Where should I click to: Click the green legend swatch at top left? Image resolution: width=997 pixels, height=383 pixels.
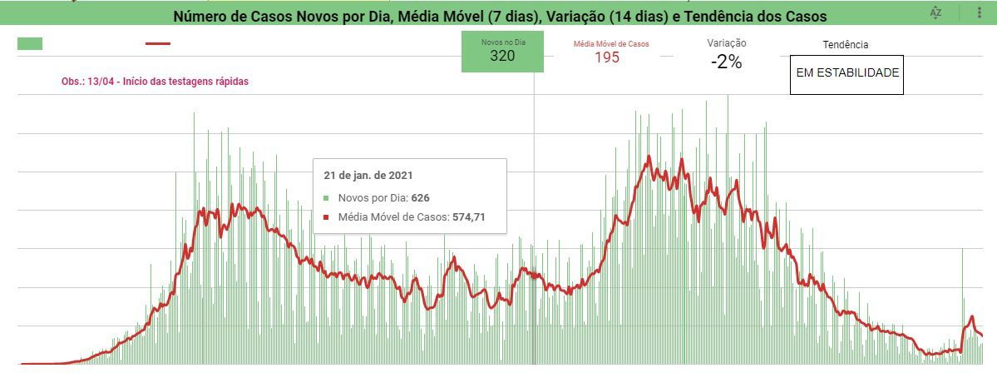(30, 44)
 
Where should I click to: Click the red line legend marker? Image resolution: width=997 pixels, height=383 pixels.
(158, 43)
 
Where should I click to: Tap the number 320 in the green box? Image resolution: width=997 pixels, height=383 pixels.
(502, 57)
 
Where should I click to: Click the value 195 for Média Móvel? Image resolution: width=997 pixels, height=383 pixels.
(607, 57)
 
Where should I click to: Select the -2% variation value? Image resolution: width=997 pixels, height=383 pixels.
(726, 62)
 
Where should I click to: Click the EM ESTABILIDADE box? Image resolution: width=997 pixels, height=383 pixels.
(846, 73)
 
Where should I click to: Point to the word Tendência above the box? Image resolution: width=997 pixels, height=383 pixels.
(845, 45)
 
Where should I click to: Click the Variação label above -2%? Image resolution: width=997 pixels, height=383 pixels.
(726, 43)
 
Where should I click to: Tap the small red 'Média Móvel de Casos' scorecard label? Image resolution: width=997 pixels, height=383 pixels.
(610, 44)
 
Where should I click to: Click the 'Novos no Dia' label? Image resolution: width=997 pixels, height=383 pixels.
(502, 42)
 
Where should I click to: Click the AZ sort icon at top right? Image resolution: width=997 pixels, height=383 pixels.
(936, 12)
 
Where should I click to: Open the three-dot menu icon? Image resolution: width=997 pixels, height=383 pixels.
(980, 12)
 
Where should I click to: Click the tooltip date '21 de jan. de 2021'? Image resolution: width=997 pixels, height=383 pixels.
(368, 176)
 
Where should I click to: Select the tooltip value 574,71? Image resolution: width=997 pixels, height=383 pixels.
(468, 217)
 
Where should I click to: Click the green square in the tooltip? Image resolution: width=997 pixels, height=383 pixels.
(327, 198)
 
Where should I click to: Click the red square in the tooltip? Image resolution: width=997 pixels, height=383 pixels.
(327, 217)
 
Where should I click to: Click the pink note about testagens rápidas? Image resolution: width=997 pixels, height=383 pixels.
(155, 82)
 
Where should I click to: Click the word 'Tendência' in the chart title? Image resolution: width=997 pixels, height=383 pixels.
(720, 16)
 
